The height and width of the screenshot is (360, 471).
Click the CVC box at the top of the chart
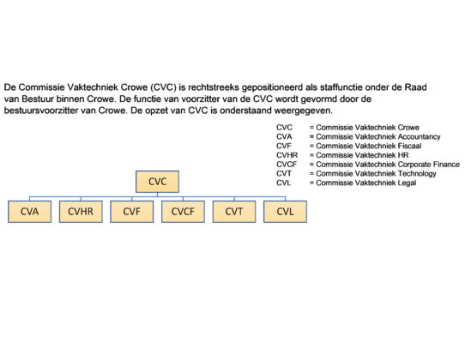(157, 182)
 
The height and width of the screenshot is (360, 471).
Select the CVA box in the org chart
(30, 212)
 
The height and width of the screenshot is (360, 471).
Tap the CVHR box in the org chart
(81, 212)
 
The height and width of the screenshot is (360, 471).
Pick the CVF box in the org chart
(132, 212)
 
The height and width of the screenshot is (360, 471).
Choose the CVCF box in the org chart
(183, 212)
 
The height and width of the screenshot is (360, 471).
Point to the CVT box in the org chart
(234, 212)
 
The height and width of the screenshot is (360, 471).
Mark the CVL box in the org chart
(286, 212)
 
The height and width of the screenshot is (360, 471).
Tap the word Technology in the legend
(417, 174)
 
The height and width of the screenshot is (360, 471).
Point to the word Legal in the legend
(407, 183)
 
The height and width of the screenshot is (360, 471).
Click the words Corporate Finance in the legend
(429, 165)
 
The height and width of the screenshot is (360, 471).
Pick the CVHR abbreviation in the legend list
(287, 155)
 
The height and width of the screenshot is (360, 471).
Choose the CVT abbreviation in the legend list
(284, 174)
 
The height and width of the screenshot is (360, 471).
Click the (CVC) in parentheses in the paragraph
(163, 87)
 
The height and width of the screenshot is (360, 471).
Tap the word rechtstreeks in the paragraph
(214, 87)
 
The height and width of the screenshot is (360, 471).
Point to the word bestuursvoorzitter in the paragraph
(41, 111)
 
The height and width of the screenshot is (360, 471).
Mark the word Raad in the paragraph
(416, 87)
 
